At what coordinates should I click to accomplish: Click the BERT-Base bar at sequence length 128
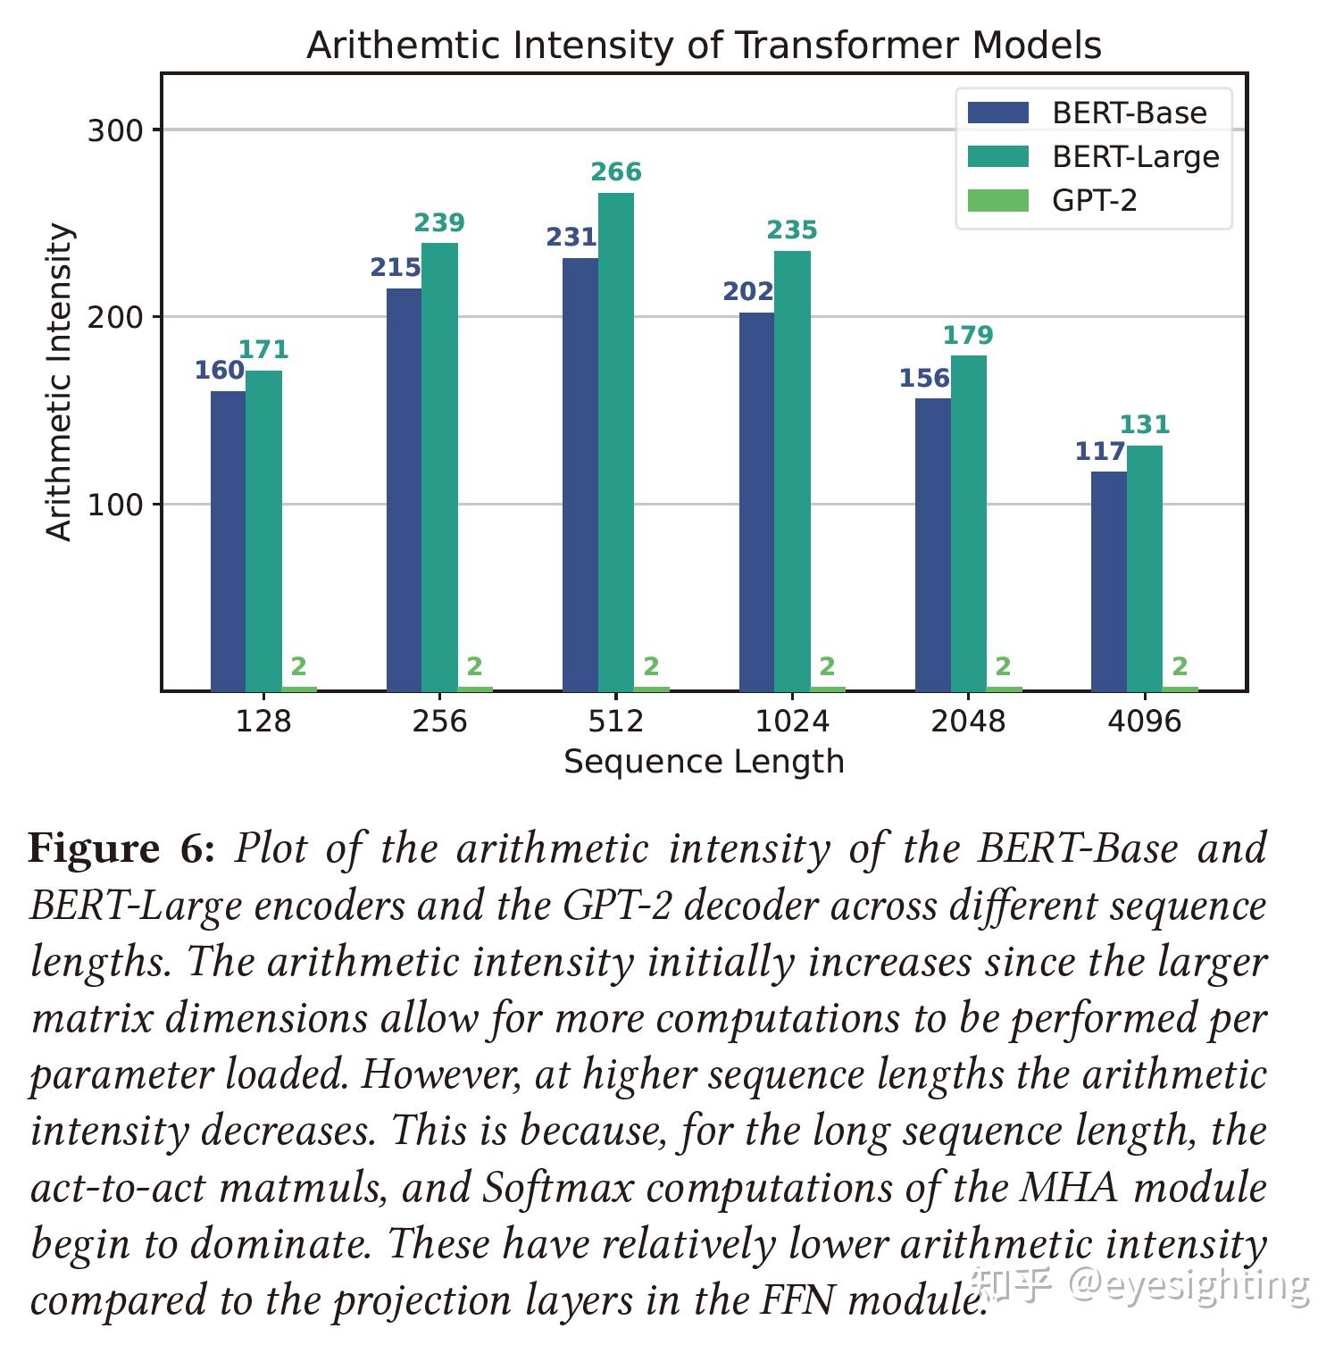(229, 540)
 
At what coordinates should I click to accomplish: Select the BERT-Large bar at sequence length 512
(616, 442)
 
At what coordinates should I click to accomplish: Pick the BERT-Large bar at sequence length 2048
(969, 522)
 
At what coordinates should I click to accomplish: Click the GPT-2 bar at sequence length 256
(475, 689)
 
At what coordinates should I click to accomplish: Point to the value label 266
(616, 171)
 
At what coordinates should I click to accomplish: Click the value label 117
(1100, 451)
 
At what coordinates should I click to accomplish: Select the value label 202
(748, 291)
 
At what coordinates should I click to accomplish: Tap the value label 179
(968, 335)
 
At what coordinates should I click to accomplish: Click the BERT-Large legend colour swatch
(998, 156)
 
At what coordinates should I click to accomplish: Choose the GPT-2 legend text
(1095, 200)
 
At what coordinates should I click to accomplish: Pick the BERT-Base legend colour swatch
(998, 113)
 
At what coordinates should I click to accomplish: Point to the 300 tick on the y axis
(115, 130)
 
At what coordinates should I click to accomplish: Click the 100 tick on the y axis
(115, 505)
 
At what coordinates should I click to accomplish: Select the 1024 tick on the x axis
(792, 721)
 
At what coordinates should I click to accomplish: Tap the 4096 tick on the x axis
(1144, 721)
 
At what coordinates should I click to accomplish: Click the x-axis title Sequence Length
(704, 762)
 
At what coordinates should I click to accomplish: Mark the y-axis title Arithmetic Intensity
(59, 382)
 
